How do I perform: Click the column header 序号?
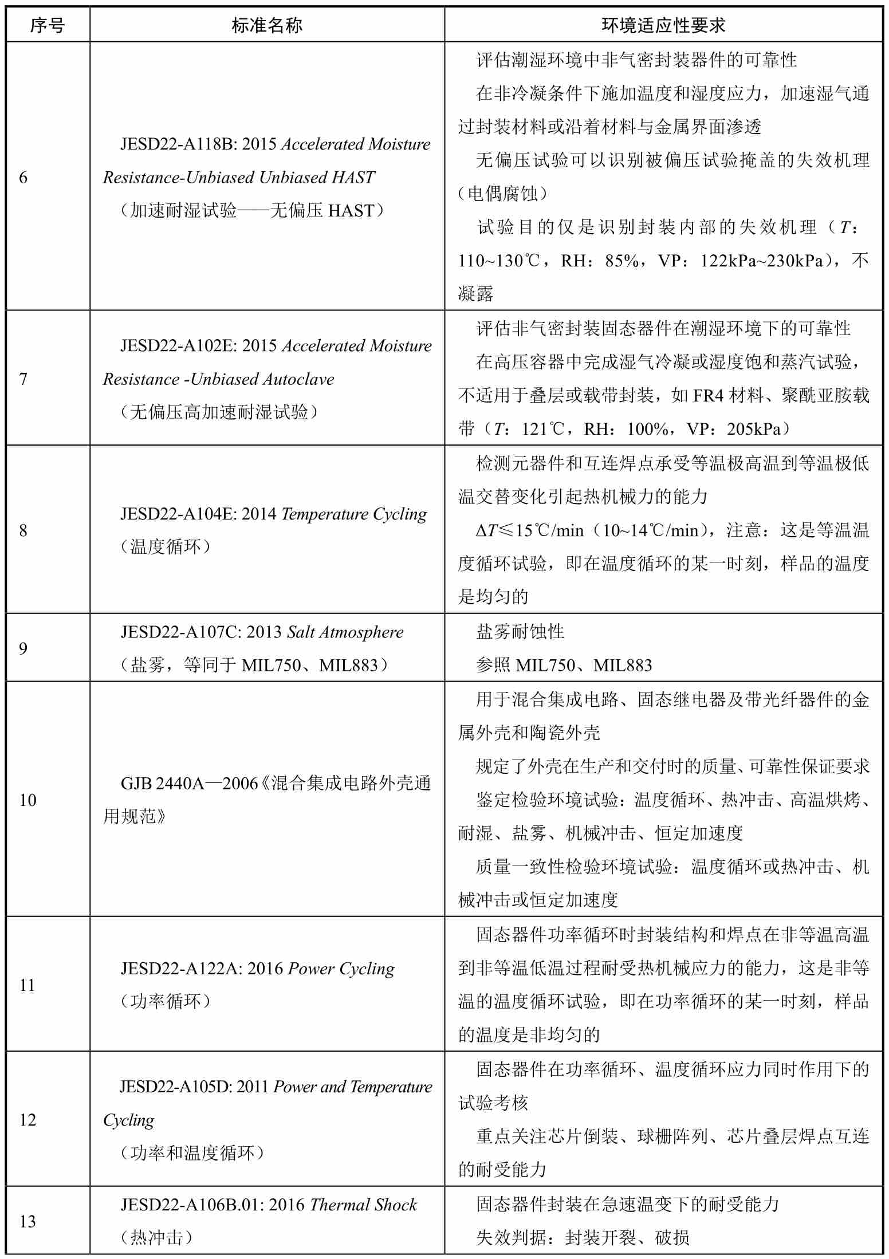(48, 25)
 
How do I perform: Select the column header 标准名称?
(267, 25)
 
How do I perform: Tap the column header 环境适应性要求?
(663, 25)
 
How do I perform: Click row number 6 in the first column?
(23, 178)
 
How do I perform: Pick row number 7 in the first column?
(23, 379)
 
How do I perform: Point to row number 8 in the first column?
(23, 530)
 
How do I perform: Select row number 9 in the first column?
(23, 648)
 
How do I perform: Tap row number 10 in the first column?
(28, 800)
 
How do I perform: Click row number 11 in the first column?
(27, 985)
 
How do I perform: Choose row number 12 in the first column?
(28, 1120)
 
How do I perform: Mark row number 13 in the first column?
(28, 1222)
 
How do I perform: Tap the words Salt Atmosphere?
(345, 632)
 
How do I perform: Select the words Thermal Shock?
(363, 1205)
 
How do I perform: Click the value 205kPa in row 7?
(753, 429)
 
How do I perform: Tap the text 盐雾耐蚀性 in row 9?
(520, 632)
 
